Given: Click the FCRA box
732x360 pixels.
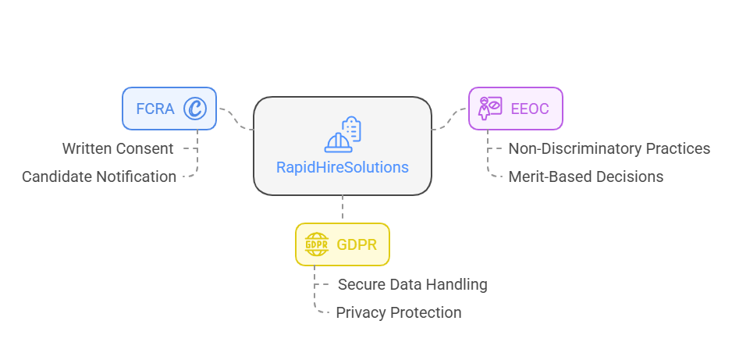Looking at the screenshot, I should pos(169,108).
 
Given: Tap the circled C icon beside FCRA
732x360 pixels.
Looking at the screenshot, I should pos(194,109).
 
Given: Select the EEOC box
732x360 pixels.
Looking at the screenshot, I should pos(515,108).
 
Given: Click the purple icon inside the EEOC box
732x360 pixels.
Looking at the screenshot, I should pos(490,108).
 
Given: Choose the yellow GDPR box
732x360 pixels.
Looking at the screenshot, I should pos(342,244).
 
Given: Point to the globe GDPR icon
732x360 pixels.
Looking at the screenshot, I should pos(317,244).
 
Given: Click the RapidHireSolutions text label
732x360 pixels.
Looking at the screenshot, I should pos(342,167).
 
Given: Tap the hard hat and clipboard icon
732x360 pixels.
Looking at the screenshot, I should pos(343,134).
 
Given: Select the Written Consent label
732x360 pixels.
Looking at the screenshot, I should pos(118,148).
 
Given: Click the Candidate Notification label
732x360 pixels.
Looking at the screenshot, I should pos(99,176).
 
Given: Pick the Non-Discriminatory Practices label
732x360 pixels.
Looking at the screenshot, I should pos(609,148).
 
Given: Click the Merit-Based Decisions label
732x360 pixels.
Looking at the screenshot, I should pos(585,176).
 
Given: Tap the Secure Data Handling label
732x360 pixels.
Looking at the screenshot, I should pos(412,284).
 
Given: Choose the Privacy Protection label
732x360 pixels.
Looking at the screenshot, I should pos(399,312).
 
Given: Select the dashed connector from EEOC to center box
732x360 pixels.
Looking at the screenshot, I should pos(450,119).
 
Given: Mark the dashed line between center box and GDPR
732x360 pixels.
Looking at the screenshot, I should pos(342,209).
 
